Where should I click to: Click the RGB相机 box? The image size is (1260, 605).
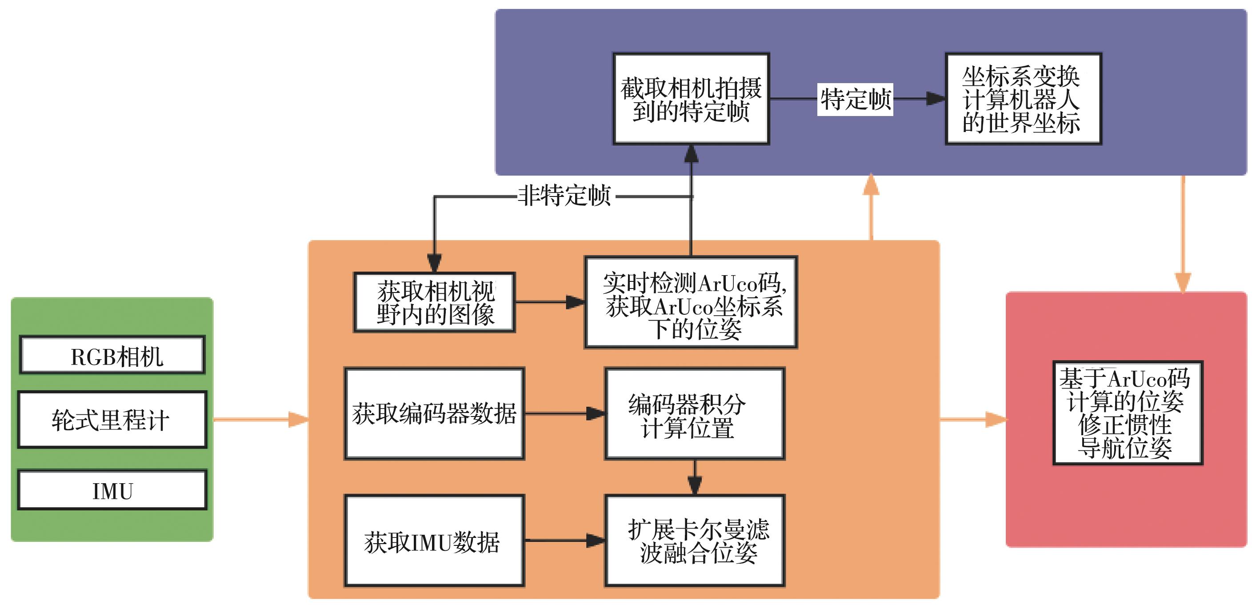tap(112, 355)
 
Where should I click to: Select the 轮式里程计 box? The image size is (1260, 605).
tap(112, 420)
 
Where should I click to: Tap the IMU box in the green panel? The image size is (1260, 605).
tap(112, 490)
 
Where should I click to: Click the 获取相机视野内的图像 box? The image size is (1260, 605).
tap(434, 302)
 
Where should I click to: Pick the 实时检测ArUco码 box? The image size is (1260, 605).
tap(691, 302)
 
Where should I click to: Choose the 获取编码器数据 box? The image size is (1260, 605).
tap(434, 414)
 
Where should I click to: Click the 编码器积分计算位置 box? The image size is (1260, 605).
tap(695, 414)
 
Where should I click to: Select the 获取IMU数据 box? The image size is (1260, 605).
tap(434, 541)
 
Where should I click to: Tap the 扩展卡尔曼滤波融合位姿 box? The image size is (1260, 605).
tap(695, 541)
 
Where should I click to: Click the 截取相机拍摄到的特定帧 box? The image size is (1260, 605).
tap(691, 99)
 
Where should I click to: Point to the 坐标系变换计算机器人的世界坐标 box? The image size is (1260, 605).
tap(1023, 99)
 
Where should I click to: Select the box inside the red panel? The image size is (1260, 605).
tap(1128, 413)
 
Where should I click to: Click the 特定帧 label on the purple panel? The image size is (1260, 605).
tap(855, 99)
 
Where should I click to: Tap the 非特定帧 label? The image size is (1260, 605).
tap(564, 196)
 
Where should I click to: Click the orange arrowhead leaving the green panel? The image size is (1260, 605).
tap(298, 420)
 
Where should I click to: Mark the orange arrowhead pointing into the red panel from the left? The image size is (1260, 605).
tap(996, 420)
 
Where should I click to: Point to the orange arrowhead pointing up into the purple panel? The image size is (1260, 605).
tap(871, 185)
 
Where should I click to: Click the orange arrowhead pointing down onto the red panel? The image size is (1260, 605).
tap(1183, 283)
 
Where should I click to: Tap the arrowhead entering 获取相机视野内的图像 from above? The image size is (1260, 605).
tap(434, 263)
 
